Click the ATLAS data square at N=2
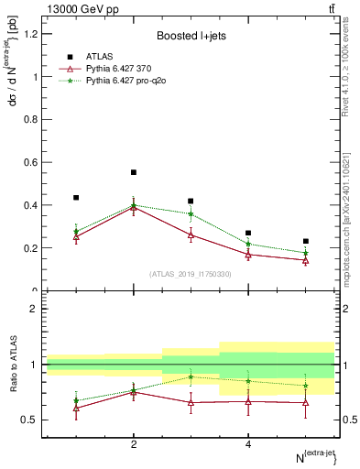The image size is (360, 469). [x=134, y=172]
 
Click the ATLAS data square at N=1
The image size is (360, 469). [x=76, y=198]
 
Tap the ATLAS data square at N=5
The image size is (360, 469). [x=306, y=242]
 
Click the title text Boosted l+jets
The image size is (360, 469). [x=191, y=37]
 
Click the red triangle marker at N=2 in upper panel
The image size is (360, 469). [x=134, y=208]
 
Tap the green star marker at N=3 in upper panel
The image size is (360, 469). [x=191, y=213]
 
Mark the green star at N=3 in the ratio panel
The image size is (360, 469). [x=191, y=376]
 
